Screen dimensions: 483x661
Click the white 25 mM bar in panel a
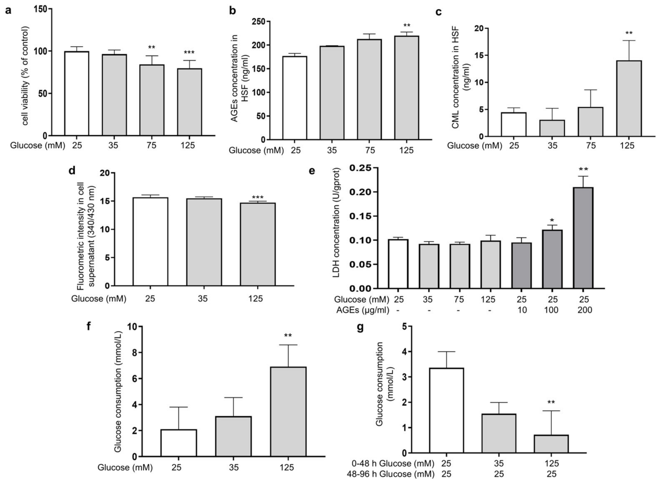pyautogui.click(x=77, y=94)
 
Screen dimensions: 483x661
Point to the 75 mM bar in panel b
pyautogui.click(x=370, y=89)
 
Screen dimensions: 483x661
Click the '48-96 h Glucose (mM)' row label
pyautogui.click(x=390, y=474)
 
